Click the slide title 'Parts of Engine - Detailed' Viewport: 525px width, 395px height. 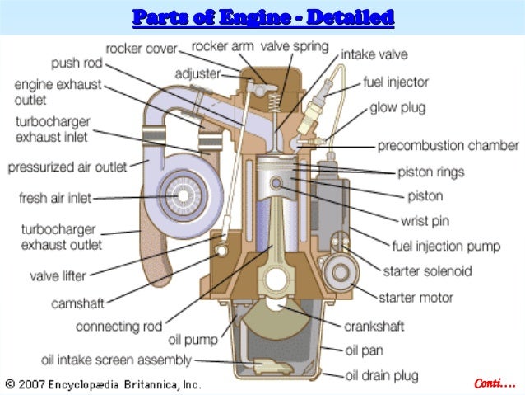pos(262,16)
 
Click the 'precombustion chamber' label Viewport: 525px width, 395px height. pos(448,146)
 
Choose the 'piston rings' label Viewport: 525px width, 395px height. pos(431,172)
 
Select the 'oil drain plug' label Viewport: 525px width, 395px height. pos(381,376)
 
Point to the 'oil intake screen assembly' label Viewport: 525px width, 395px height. pos(117,360)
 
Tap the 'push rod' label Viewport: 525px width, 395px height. pos(77,63)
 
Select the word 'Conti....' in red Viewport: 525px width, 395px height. pos(495,383)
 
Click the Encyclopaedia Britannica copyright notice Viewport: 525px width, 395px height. pos(103,384)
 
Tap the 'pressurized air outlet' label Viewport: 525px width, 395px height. pos(67,167)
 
